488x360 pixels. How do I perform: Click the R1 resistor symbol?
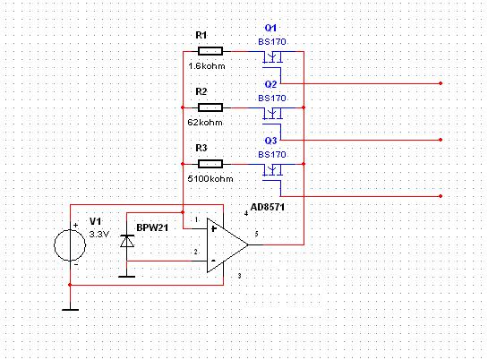click(210, 51)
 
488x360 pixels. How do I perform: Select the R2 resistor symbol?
click(210, 107)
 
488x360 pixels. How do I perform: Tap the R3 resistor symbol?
click(210, 164)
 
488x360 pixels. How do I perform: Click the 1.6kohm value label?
click(207, 66)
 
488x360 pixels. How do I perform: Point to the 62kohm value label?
click(205, 123)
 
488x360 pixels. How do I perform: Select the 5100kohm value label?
click(210, 179)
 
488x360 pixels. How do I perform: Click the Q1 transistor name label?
click(270, 28)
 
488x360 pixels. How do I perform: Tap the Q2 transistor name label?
click(270, 84)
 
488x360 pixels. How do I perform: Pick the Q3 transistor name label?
click(270, 141)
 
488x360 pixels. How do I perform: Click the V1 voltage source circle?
click(70, 245)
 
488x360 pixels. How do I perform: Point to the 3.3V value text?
click(99, 234)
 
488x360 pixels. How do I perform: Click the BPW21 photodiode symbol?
click(127, 242)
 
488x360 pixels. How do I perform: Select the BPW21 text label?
click(152, 227)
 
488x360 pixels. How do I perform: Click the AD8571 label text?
click(268, 207)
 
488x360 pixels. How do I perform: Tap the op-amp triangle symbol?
click(227, 244)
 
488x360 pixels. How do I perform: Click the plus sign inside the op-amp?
click(213, 229)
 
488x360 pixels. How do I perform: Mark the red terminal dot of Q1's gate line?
click(441, 83)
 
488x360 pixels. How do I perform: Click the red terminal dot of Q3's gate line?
click(441, 196)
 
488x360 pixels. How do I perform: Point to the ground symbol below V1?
click(71, 310)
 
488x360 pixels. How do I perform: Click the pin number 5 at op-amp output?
click(256, 234)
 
